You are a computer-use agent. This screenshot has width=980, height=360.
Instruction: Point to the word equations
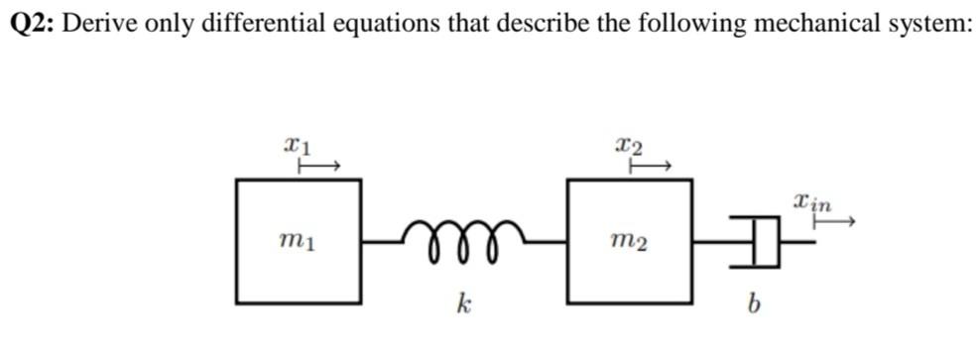(x=381, y=25)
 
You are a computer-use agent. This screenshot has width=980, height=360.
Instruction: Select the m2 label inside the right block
(x=629, y=241)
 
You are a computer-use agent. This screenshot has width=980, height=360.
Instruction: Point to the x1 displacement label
(x=298, y=147)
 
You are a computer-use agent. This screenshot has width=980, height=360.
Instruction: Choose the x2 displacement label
(x=629, y=147)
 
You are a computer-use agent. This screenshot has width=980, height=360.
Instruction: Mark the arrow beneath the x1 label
(x=320, y=168)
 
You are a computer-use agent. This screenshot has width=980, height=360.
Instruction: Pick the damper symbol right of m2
(x=760, y=241)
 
